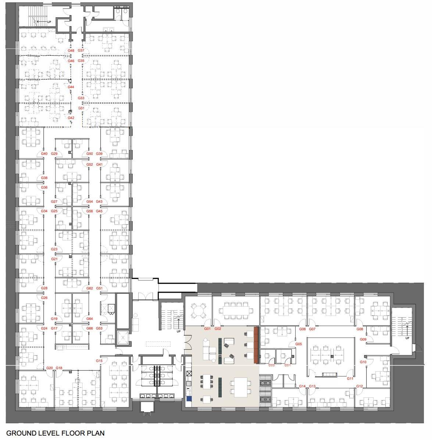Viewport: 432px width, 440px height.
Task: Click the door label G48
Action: [x=71, y=51]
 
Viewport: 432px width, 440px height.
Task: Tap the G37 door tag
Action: [x=81, y=51]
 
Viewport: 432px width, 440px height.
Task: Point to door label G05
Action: [x=299, y=344]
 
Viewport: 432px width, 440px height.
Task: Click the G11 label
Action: [x=350, y=379]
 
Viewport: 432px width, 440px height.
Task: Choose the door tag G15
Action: [x=99, y=361]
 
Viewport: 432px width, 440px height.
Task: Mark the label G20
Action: [x=50, y=368]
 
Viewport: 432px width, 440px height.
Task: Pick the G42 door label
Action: [x=71, y=118]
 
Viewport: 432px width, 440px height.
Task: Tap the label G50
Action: [x=90, y=154]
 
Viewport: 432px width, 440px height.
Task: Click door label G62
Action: [x=90, y=289]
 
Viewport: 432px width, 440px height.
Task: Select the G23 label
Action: [x=54, y=249]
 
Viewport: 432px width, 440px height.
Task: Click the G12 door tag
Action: [x=360, y=386]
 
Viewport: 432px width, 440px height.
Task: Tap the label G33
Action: [x=81, y=98]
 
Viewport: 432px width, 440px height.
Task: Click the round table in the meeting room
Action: [x=199, y=311]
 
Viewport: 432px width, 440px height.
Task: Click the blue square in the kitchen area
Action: [x=189, y=398]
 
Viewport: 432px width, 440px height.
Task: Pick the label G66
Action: [x=90, y=328]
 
